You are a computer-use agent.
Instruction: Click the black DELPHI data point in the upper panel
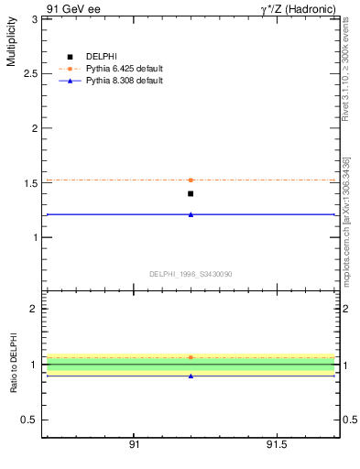point(191,193)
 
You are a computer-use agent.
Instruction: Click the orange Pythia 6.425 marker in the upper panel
point(191,180)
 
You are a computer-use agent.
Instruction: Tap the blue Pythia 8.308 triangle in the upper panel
point(191,214)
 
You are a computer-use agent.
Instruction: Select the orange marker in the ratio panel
point(191,357)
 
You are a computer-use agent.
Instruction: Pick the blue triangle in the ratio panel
point(191,376)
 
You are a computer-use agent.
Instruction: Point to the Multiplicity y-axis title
point(11,42)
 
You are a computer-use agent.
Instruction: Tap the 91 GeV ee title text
point(71,8)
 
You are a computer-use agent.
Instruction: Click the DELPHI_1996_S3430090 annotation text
point(190,273)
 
